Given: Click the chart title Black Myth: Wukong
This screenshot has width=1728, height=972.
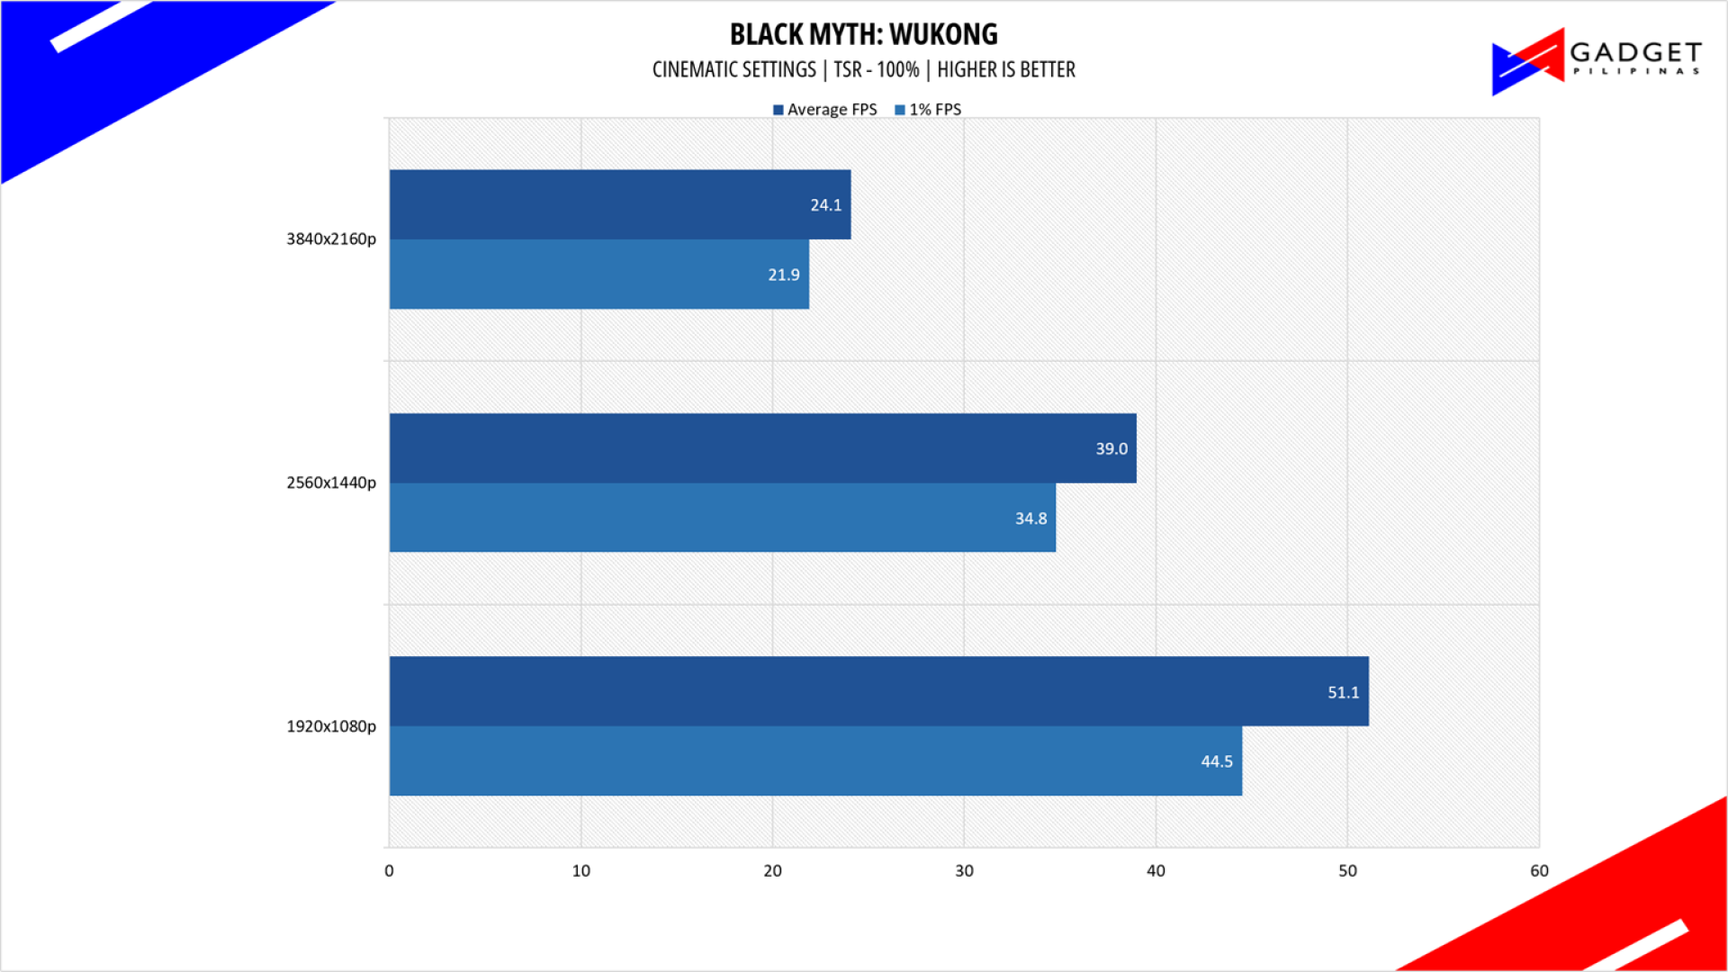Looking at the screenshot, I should coord(863,34).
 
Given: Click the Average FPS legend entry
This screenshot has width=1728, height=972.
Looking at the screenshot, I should coord(824,110).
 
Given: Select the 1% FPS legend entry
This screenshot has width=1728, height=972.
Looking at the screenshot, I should coord(928,110).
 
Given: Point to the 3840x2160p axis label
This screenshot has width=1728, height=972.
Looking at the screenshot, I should coord(331,239).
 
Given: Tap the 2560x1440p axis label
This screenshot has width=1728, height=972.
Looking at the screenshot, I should coord(331,482).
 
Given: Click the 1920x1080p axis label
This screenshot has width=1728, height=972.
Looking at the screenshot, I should coord(331,726).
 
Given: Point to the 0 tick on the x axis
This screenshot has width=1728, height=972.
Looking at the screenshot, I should coord(389,871).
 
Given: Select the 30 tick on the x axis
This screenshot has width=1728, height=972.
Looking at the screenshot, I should coord(964,871).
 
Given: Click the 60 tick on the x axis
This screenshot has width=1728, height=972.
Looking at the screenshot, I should coord(1539,871).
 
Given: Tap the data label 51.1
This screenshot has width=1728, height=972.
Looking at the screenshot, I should coord(1343,692).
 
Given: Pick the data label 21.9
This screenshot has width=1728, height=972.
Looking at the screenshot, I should coord(783,274).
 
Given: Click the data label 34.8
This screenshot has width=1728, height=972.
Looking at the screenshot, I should coord(1030,518).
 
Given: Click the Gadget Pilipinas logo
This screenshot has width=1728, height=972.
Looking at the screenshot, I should coord(1596,60).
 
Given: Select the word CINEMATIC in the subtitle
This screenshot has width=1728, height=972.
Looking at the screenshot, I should coord(688,70).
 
